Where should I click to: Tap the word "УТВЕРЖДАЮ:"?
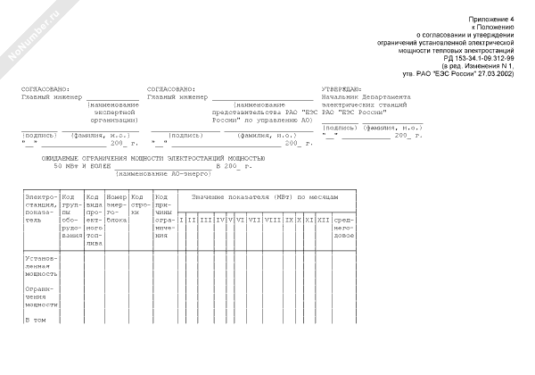[x=342, y=90]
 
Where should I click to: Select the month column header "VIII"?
[x=273, y=219]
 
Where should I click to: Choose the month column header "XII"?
[x=323, y=219]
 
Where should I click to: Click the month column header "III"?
[x=205, y=219]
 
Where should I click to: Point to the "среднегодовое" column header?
[x=344, y=227]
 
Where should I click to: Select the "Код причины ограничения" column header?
[x=164, y=219]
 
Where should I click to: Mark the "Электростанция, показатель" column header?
[x=41, y=208]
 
